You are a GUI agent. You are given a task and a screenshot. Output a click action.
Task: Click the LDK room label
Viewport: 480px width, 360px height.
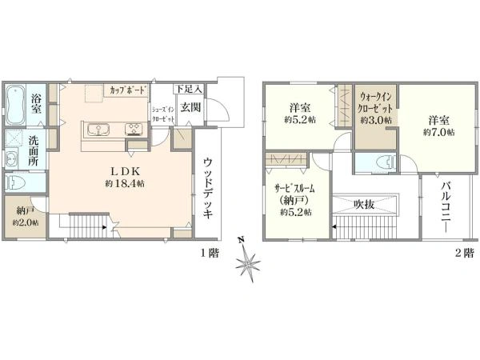pos(125,171)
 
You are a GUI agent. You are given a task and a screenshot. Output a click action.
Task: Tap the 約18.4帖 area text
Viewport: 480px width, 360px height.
pos(125,184)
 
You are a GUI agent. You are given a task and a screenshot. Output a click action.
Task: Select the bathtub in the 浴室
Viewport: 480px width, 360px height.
pos(15,105)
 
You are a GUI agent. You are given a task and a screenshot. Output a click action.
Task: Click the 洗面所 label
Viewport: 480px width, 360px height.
pos(34,150)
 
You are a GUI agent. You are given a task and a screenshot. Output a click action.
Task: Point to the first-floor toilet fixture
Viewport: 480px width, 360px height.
pos(14,183)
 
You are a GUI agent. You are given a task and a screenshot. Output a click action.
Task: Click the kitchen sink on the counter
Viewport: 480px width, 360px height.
pos(98,130)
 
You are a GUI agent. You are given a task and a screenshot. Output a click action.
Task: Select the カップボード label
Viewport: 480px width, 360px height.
pos(126,90)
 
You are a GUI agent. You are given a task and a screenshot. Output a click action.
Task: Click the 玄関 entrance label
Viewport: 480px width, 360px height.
pos(190,107)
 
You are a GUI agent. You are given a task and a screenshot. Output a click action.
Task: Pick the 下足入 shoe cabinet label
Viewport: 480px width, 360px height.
pos(189,90)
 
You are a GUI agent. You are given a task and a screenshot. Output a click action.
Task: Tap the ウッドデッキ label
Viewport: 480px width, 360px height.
pos(208,188)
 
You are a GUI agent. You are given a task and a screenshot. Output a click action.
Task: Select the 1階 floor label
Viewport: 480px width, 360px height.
pos(210,253)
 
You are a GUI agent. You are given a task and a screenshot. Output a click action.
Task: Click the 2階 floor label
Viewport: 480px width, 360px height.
pos(464,253)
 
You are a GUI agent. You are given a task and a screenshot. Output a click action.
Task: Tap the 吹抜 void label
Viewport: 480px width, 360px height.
pos(364,204)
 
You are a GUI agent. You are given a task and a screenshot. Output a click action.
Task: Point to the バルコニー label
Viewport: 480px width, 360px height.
pos(446,207)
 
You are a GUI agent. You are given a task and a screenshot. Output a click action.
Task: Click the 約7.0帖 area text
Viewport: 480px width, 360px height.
pos(439,132)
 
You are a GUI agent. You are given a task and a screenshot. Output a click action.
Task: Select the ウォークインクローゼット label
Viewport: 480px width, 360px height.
pos(376,102)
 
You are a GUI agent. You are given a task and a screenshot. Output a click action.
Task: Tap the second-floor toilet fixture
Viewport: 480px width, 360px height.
pos(387,162)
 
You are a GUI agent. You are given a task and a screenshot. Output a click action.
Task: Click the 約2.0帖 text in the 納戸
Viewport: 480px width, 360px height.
pos(26,222)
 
